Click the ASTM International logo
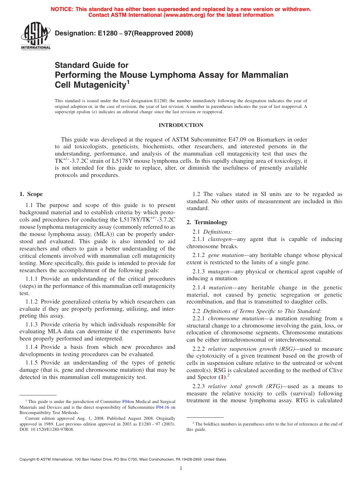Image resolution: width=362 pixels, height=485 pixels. tap(35, 36)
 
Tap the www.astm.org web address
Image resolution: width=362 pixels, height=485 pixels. tap(183, 15)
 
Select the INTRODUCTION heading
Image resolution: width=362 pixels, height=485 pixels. tap(181, 125)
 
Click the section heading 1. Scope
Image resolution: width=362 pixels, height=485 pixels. tap(31, 194)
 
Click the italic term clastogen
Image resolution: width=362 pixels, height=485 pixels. tap(219, 239)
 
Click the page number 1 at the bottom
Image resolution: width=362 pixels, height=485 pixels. tap(181, 469)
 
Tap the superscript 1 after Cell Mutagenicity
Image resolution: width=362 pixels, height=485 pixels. tap(128, 82)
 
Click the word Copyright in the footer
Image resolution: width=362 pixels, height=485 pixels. tap(29, 459)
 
